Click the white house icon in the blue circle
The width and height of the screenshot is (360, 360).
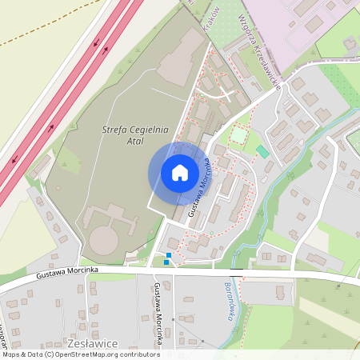click(x=179, y=173)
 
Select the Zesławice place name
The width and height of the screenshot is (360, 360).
click(x=94, y=343)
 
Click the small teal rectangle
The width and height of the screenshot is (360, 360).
click(x=262, y=151)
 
